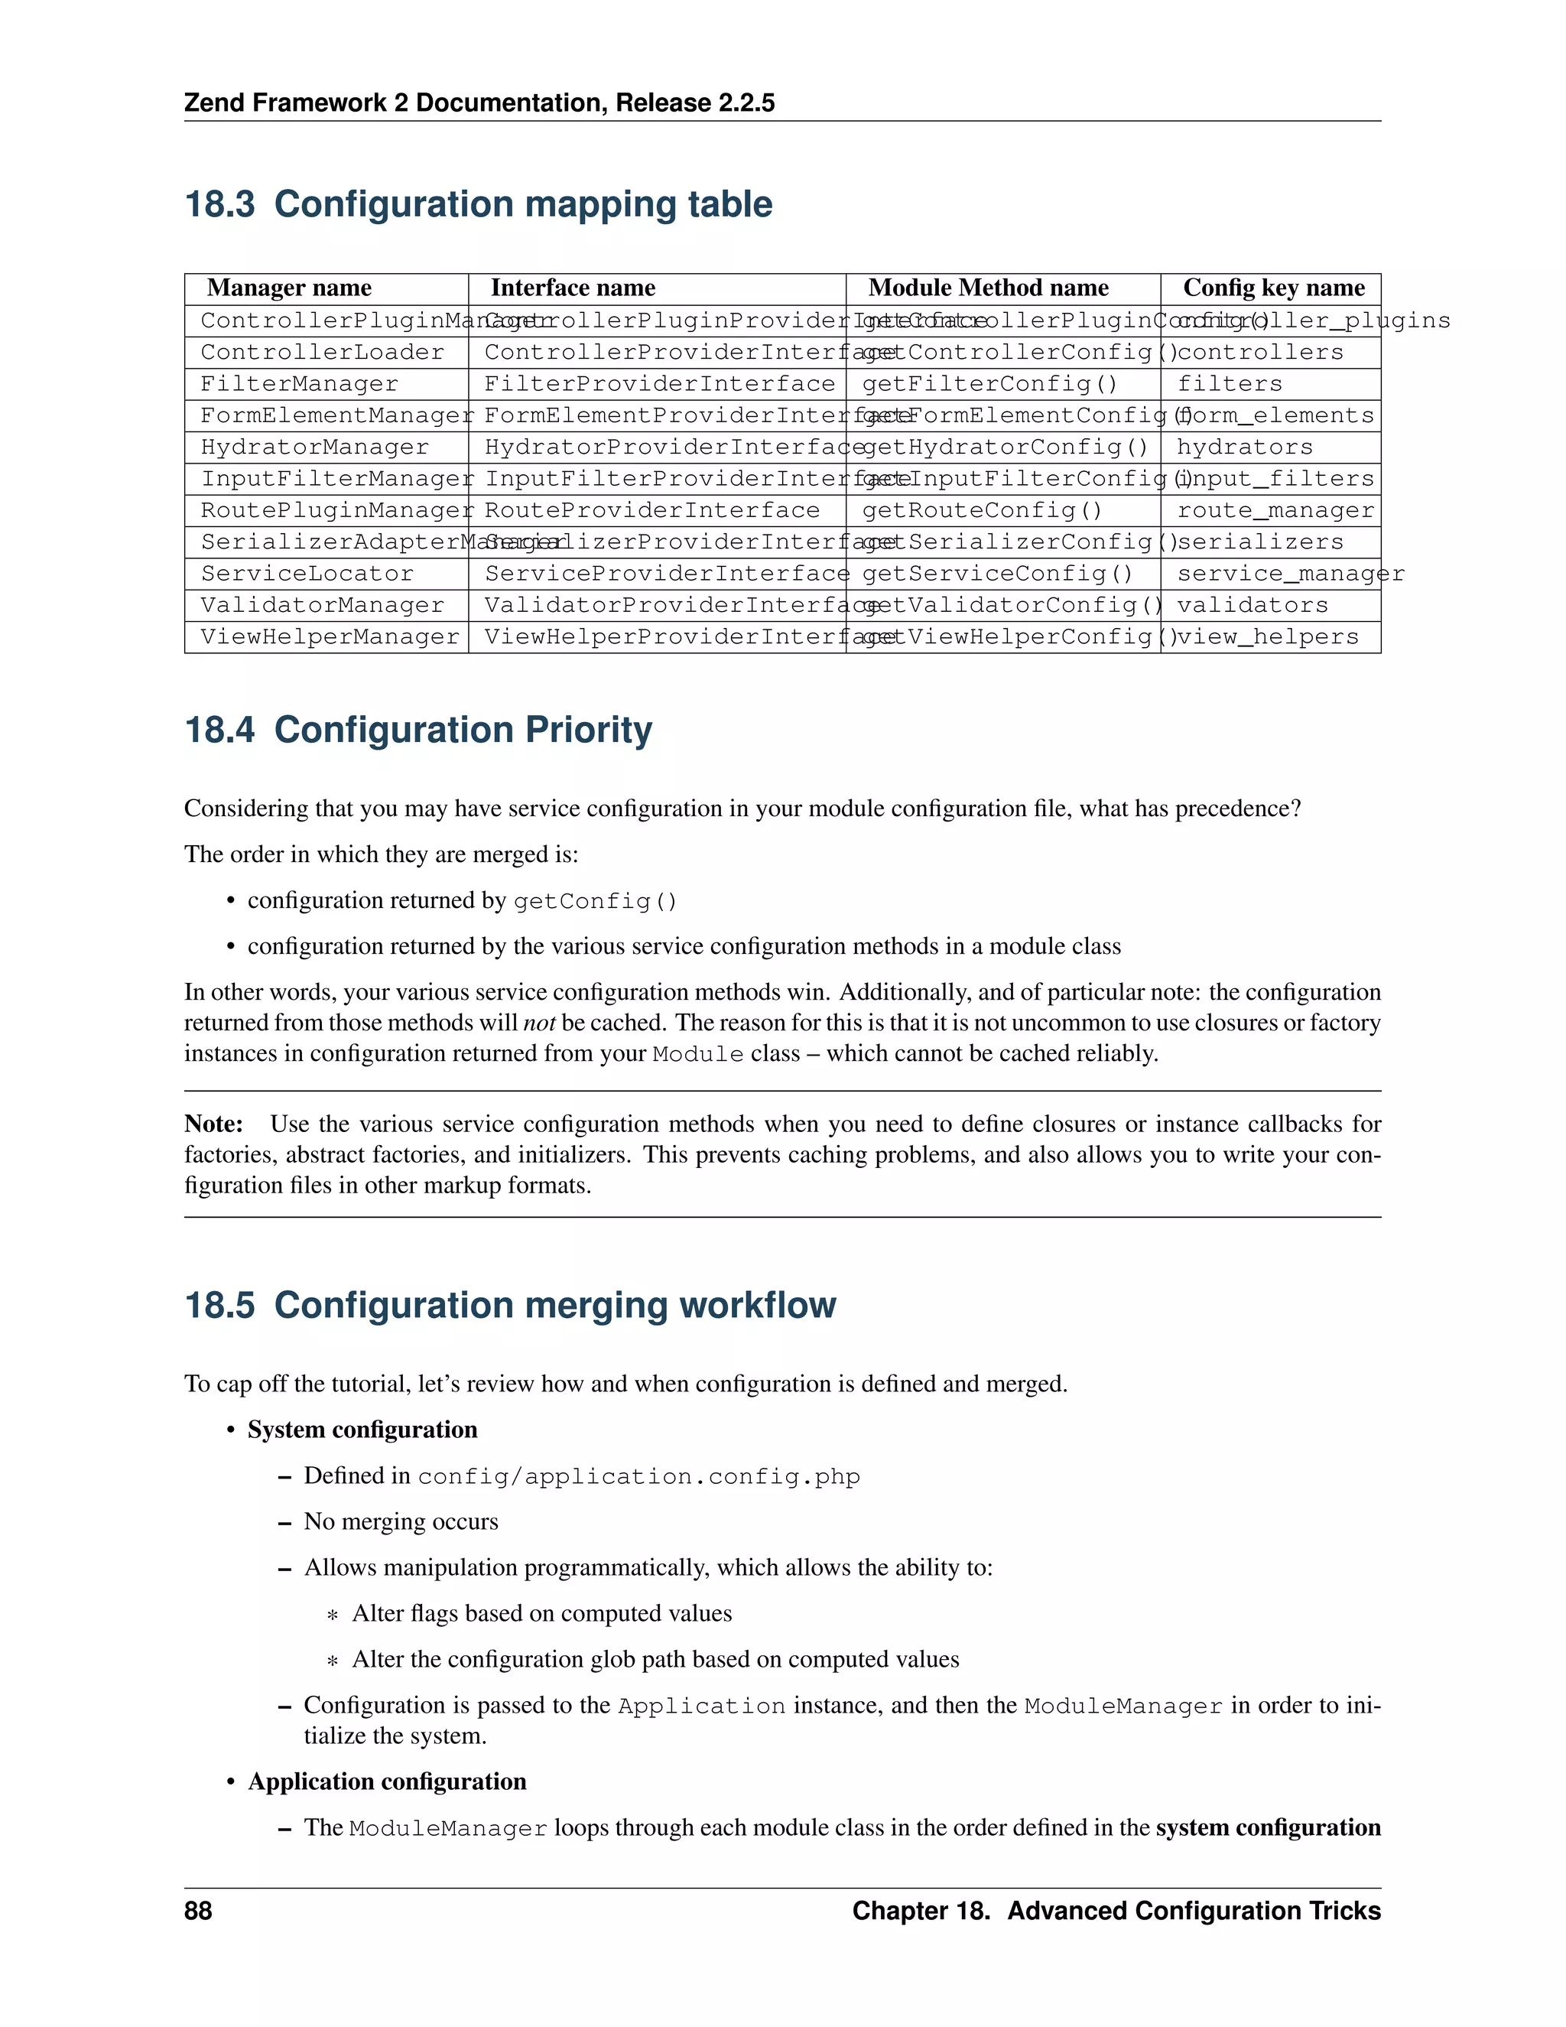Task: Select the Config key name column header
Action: [1273, 288]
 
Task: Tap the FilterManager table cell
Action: [300, 384]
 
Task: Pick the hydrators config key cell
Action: [1244, 447]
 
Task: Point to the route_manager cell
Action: [1275, 510]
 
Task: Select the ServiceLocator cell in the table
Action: [307, 574]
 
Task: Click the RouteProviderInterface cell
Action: [651, 510]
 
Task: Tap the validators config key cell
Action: [1252, 605]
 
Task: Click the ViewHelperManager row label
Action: [330, 636]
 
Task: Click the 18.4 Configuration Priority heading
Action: [418, 730]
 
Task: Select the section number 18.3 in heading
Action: [219, 204]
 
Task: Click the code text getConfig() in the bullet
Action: [595, 901]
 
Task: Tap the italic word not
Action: [539, 1023]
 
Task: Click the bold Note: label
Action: [213, 1124]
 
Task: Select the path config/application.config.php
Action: [638, 1476]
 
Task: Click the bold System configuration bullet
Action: [362, 1430]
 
